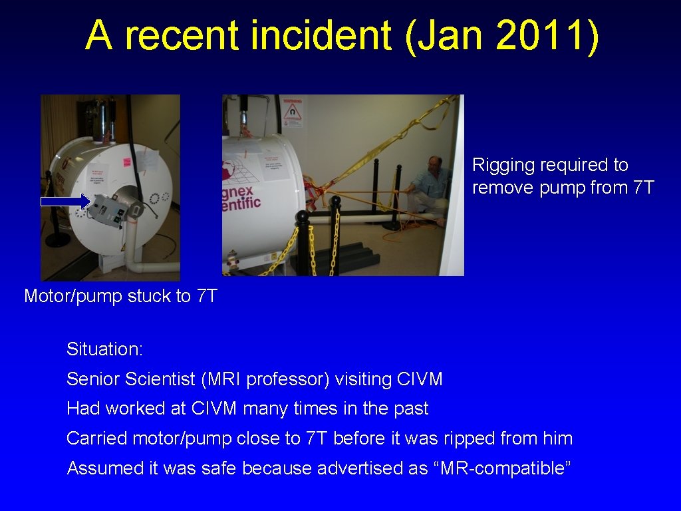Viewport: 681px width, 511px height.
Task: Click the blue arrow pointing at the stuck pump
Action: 65,200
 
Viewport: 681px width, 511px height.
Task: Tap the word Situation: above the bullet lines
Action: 104,349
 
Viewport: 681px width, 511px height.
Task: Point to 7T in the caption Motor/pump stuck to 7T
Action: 207,296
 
